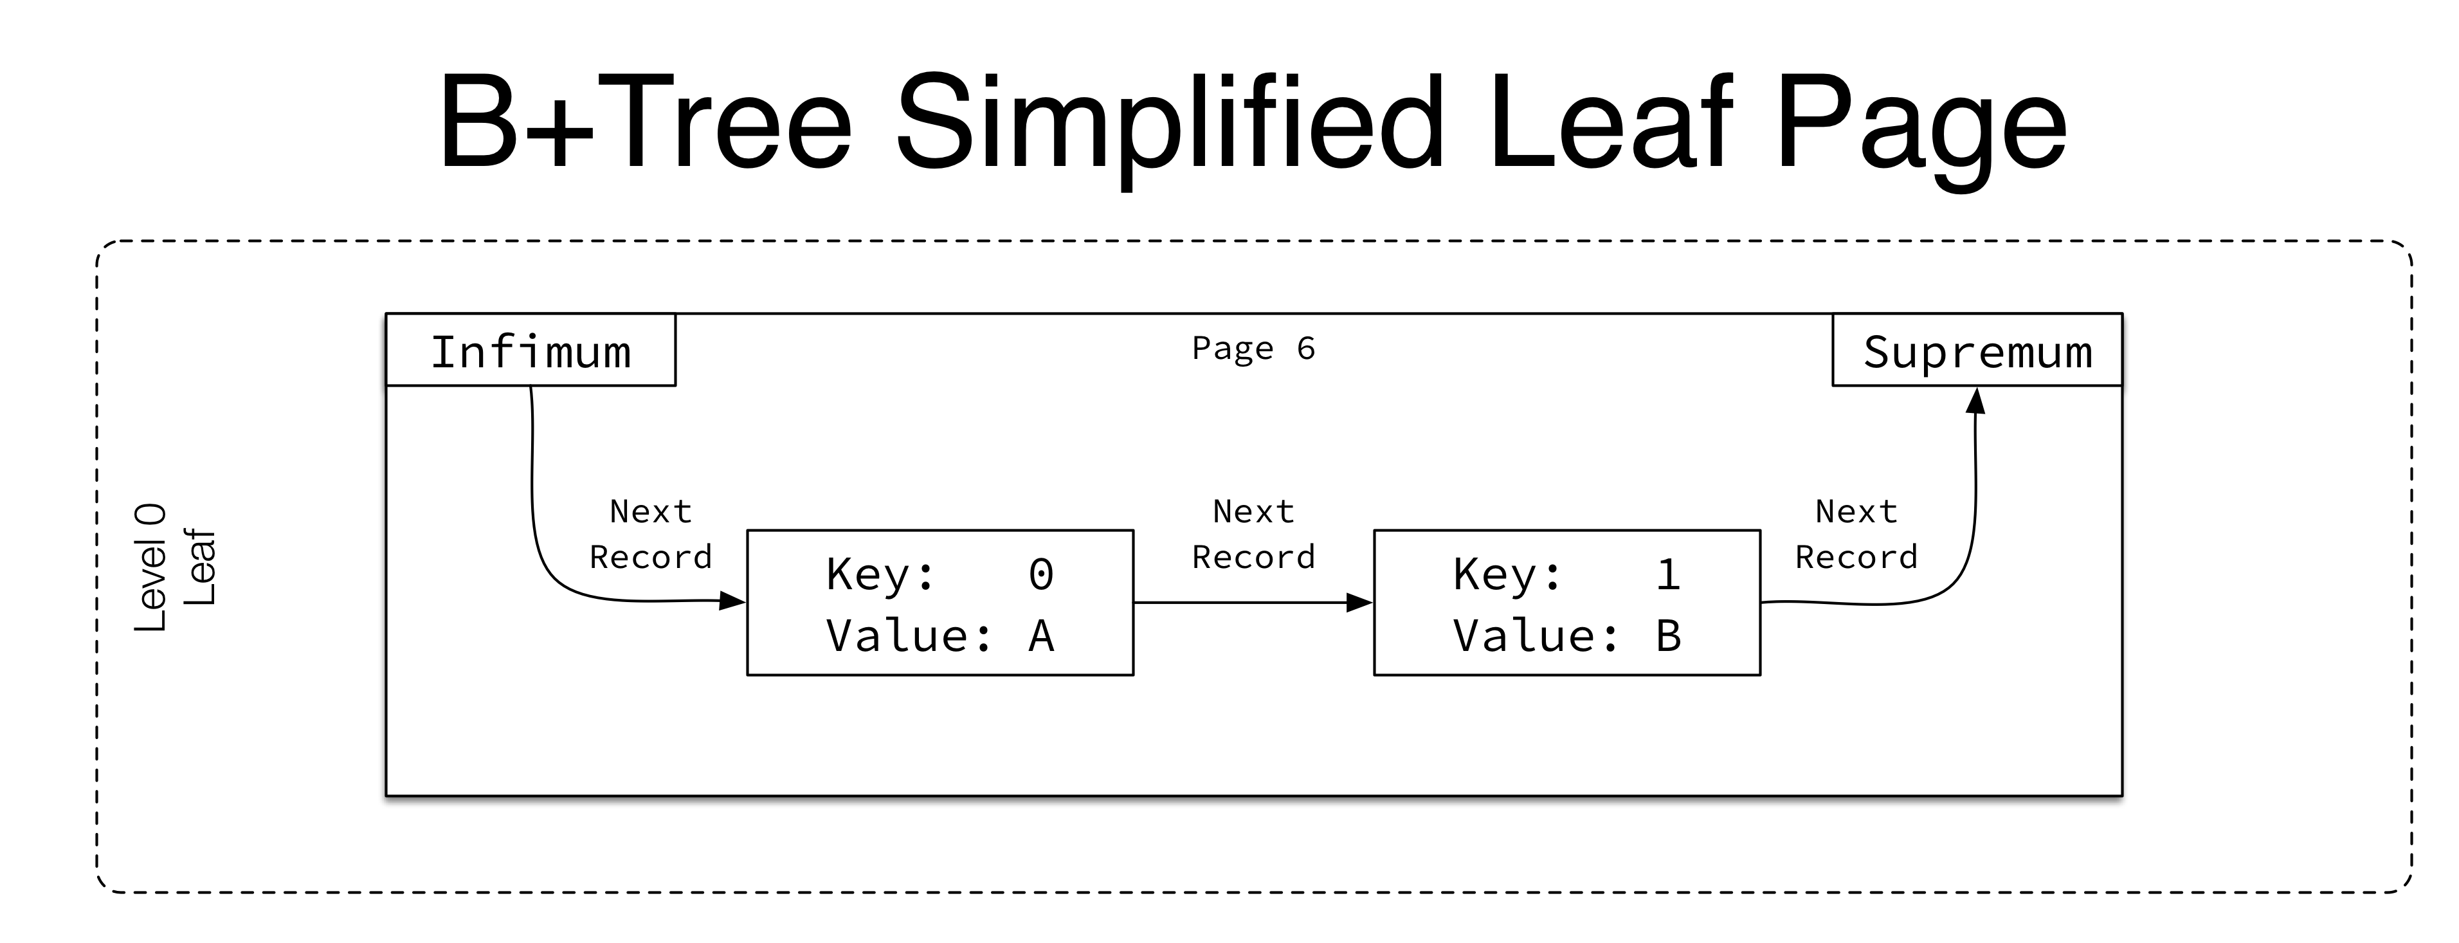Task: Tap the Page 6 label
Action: [1253, 349]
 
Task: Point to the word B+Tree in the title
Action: [646, 124]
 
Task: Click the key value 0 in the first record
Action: [1040, 574]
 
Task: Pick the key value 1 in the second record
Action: [1667, 574]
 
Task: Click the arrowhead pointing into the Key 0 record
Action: [732, 601]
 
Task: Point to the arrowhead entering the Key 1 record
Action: [1359, 602]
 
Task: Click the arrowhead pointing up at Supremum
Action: [1976, 401]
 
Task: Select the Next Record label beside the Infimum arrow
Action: [651, 535]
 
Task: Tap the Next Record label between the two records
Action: [1253, 535]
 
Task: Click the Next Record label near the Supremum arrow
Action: [1856, 535]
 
